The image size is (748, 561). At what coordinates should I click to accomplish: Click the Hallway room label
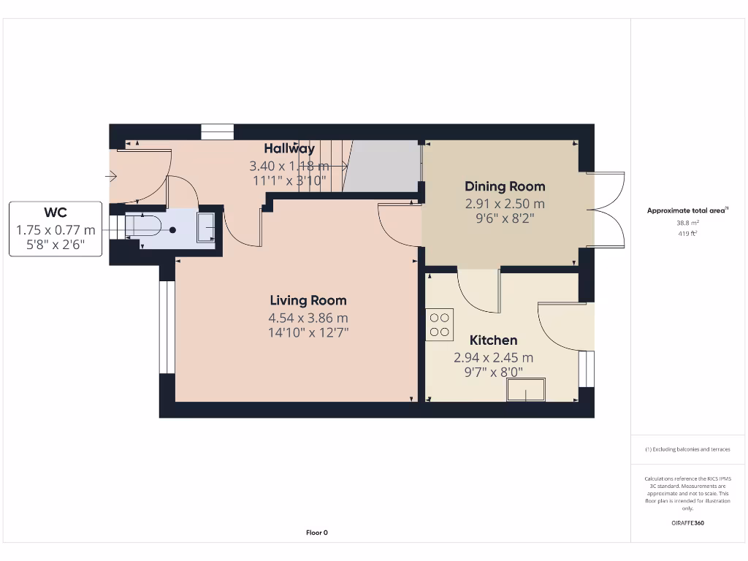click(x=289, y=149)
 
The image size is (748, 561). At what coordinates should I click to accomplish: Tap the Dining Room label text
click(x=505, y=187)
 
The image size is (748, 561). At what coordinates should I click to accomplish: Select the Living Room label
click(x=308, y=300)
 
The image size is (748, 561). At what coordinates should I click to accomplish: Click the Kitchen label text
click(x=493, y=340)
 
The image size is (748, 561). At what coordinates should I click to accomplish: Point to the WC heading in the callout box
click(x=56, y=213)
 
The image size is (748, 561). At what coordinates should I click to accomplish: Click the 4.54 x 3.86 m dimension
click(x=308, y=318)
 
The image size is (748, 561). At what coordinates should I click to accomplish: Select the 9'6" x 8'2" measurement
click(x=505, y=218)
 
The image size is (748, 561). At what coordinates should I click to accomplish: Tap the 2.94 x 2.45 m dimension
click(x=493, y=358)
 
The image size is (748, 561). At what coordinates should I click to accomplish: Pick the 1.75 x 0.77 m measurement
click(x=56, y=229)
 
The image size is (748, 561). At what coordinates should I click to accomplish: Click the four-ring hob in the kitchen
click(x=440, y=324)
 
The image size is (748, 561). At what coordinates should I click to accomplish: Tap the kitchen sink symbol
click(x=527, y=391)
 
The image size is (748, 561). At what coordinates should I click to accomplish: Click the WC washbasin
click(x=207, y=227)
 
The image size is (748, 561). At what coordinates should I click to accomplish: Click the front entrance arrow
click(x=112, y=175)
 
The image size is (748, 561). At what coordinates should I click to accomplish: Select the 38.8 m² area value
click(x=687, y=223)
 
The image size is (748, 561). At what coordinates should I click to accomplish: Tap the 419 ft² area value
click(x=687, y=234)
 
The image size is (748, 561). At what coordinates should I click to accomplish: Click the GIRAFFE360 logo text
click(x=687, y=523)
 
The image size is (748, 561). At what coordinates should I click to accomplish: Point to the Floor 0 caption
click(x=316, y=533)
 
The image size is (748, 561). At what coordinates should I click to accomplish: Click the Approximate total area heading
click(x=687, y=210)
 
